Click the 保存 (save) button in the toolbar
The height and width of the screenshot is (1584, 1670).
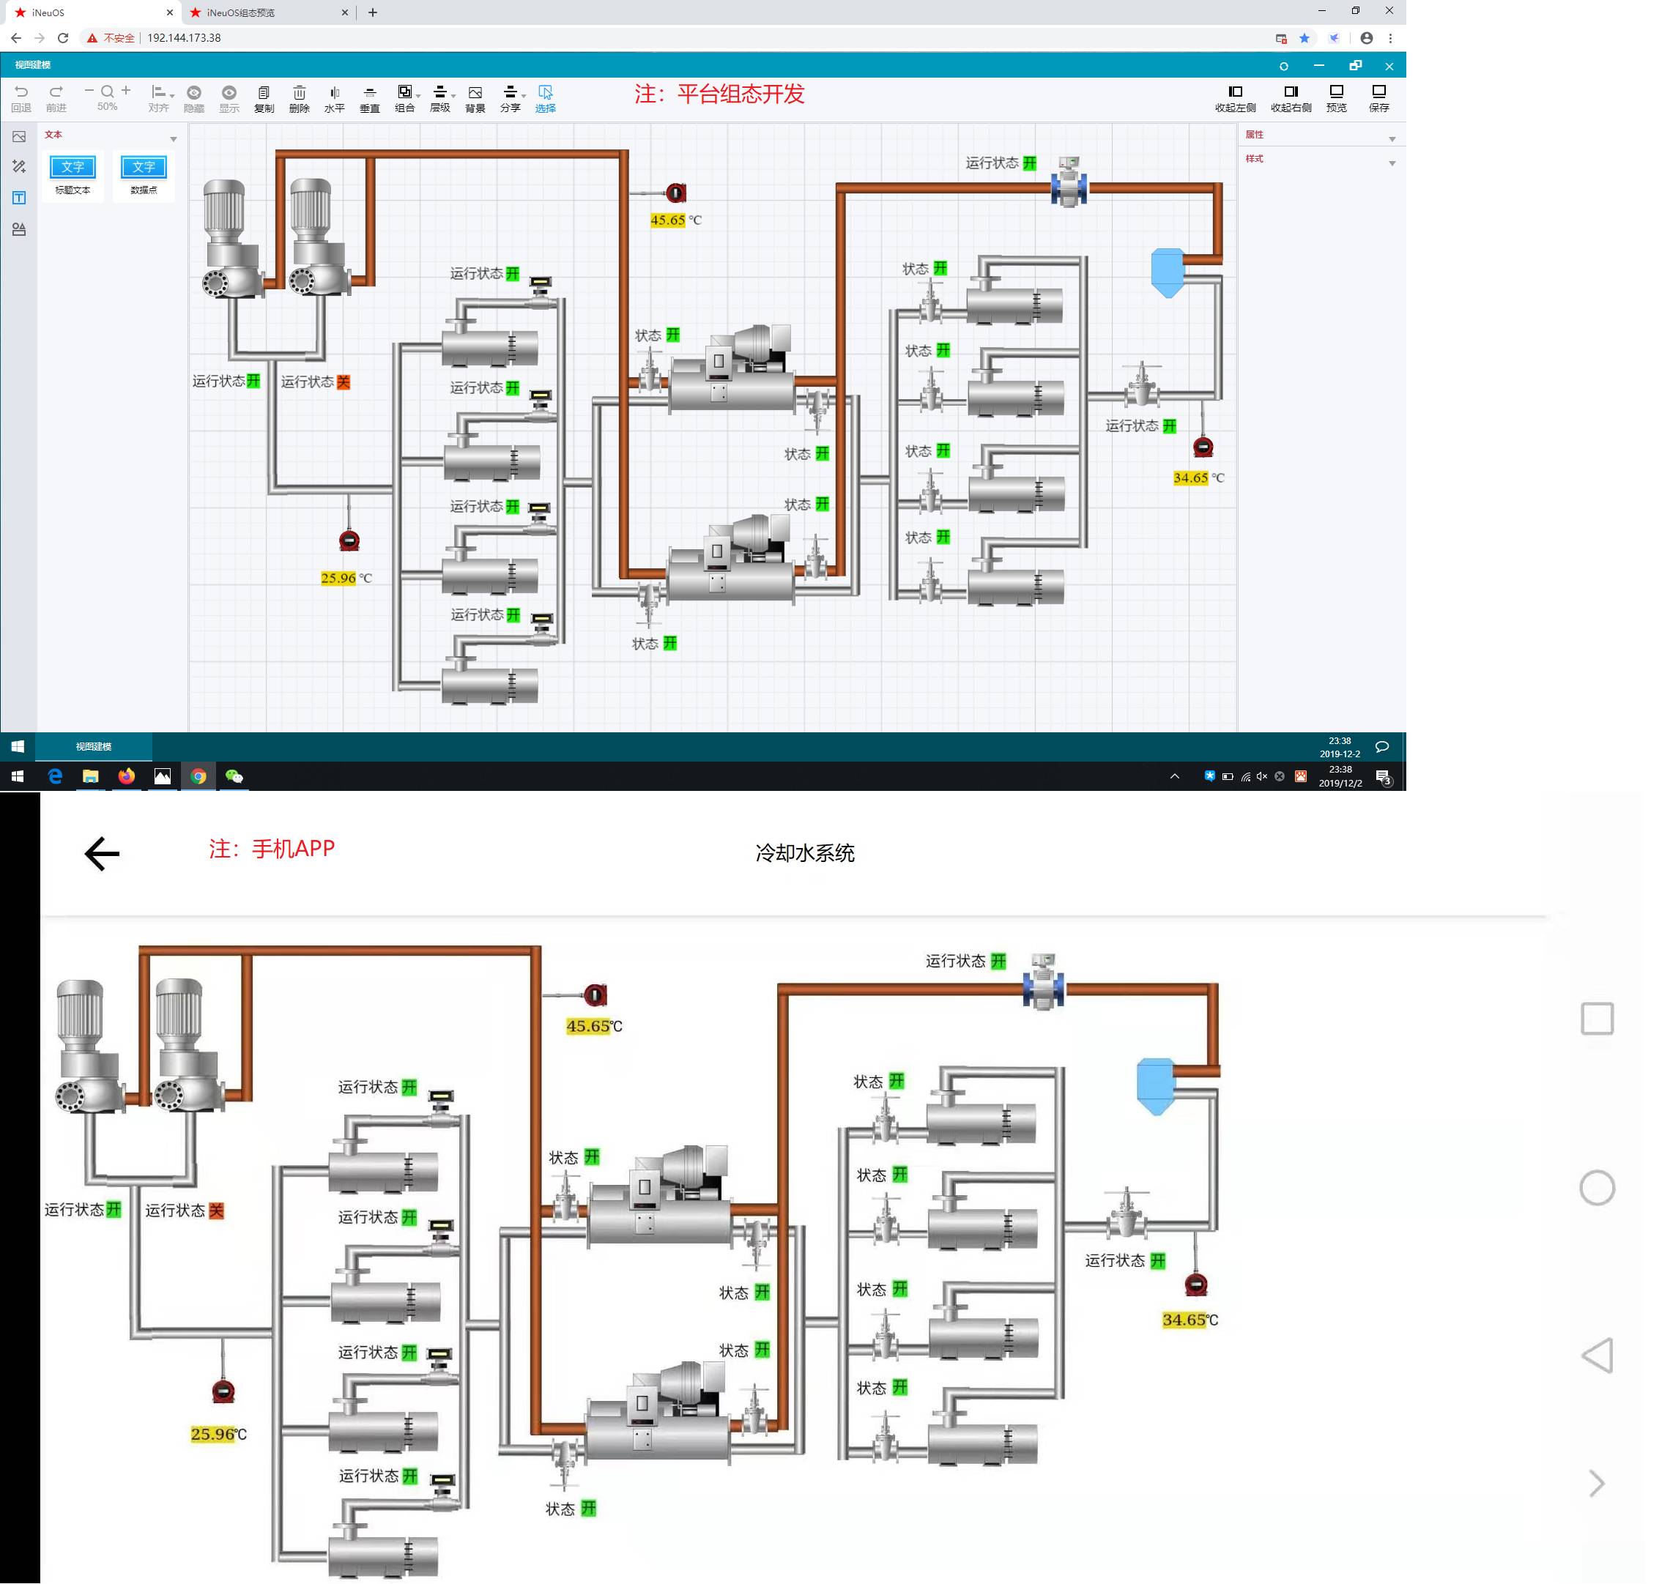click(x=1378, y=97)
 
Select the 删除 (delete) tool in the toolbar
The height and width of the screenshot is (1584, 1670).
click(x=299, y=98)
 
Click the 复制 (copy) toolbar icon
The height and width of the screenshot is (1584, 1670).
click(x=264, y=98)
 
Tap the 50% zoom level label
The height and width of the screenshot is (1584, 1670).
click(x=107, y=107)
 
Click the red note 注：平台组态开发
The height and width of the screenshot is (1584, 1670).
click(x=719, y=94)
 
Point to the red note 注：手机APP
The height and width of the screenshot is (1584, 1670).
click(x=272, y=849)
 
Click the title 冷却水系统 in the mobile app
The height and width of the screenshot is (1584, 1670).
click(x=805, y=853)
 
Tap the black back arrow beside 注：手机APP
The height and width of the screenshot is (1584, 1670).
click(x=102, y=854)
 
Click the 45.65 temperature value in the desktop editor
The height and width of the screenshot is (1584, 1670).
click(x=667, y=220)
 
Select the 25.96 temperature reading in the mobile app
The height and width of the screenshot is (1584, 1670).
click(x=212, y=1434)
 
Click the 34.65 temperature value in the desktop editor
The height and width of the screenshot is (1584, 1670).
click(x=1190, y=478)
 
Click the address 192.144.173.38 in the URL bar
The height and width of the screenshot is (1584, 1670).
click(x=184, y=38)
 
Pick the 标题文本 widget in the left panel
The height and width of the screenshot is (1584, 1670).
click(x=73, y=175)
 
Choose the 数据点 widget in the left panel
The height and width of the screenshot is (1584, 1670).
click(x=144, y=175)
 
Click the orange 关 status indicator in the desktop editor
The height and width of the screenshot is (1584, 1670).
click(x=344, y=382)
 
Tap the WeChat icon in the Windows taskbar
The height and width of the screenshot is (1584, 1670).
click(x=234, y=776)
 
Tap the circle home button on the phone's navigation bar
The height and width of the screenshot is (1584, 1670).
click(x=1597, y=1188)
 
